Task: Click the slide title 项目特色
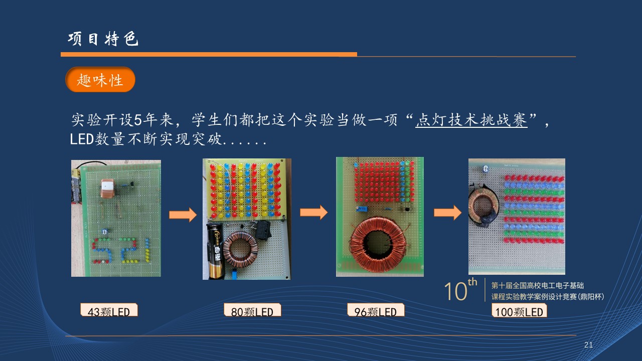pyautogui.click(x=103, y=39)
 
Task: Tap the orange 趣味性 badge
pyautogui.click(x=100, y=80)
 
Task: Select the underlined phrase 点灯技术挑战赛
pyautogui.click(x=471, y=120)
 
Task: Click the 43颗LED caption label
pyautogui.click(x=109, y=310)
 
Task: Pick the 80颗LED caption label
pyautogui.click(x=252, y=310)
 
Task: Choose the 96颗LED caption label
pyautogui.click(x=376, y=310)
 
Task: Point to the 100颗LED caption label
pyautogui.click(x=519, y=310)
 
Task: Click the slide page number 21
pyautogui.click(x=588, y=344)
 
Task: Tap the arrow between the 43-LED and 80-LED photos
pyautogui.click(x=183, y=215)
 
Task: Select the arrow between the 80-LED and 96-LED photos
pyautogui.click(x=314, y=212)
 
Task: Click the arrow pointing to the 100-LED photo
pyautogui.click(x=448, y=213)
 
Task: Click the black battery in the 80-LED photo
pyautogui.click(x=215, y=251)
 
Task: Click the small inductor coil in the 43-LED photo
pyautogui.click(x=107, y=189)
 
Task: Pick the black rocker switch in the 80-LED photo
pyautogui.click(x=262, y=230)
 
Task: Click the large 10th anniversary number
pyautogui.click(x=460, y=290)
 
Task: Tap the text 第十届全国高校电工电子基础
pyautogui.click(x=537, y=285)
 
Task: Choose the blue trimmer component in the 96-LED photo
pyautogui.click(x=362, y=210)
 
